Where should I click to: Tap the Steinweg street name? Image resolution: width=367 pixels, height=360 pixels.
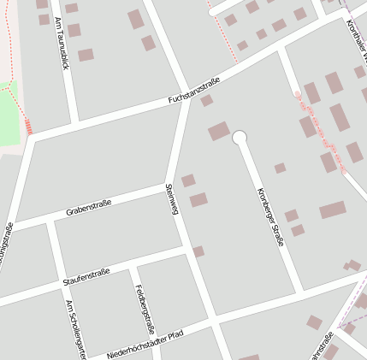click(171, 198)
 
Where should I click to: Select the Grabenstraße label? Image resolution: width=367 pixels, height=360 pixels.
click(88, 207)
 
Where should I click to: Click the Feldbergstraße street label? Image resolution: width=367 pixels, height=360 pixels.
click(145, 309)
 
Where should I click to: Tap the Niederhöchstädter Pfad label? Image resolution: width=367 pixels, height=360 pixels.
click(145, 344)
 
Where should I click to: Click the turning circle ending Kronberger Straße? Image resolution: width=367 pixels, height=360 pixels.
click(240, 137)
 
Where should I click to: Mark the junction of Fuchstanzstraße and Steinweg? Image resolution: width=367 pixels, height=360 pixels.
click(187, 97)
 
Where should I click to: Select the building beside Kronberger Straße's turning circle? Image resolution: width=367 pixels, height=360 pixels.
click(219, 131)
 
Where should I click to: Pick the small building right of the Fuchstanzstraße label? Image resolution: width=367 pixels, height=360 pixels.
click(206, 101)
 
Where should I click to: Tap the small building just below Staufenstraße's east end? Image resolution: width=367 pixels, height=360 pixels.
click(198, 251)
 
